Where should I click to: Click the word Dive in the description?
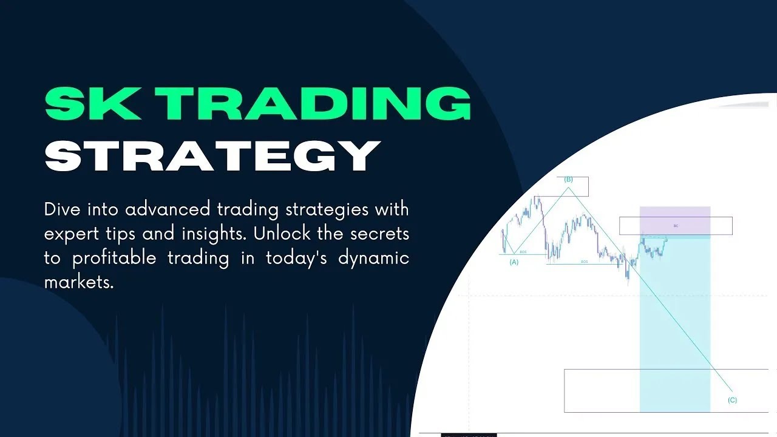click(63, 210)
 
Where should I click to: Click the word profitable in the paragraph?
click(116, 259)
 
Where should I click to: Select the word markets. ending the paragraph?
click(79, 282)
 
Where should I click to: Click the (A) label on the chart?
click(514, 262)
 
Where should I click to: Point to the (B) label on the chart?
click(569, 179)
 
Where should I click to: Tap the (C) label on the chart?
click(732, 400)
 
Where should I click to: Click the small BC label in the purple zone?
click(676, 226)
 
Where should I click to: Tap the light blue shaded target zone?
click(674, 328)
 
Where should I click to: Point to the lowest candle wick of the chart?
click(628, 283)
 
